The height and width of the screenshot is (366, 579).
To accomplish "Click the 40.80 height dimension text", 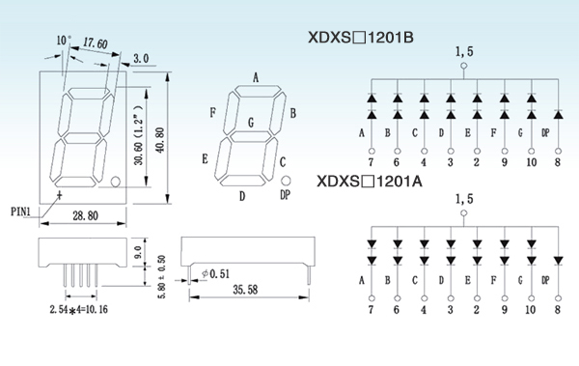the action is coord(160,140).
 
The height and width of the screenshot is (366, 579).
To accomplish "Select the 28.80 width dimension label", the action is coord(85,215).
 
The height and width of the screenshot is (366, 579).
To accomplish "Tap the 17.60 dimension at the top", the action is coord(95,43).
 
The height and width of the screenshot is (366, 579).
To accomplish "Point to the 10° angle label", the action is coord(64,41).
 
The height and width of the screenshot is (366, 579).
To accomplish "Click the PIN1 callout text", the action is coord(20,211).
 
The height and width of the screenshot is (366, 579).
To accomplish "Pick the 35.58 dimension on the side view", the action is coord(245,290).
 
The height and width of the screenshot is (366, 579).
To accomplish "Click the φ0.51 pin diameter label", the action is coord(216,274).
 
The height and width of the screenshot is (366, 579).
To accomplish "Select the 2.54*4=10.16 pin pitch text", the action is coord(79,309).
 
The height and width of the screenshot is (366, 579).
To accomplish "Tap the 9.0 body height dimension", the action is coord(138,252).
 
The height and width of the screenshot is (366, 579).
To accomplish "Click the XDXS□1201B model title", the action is coord(361,38).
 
